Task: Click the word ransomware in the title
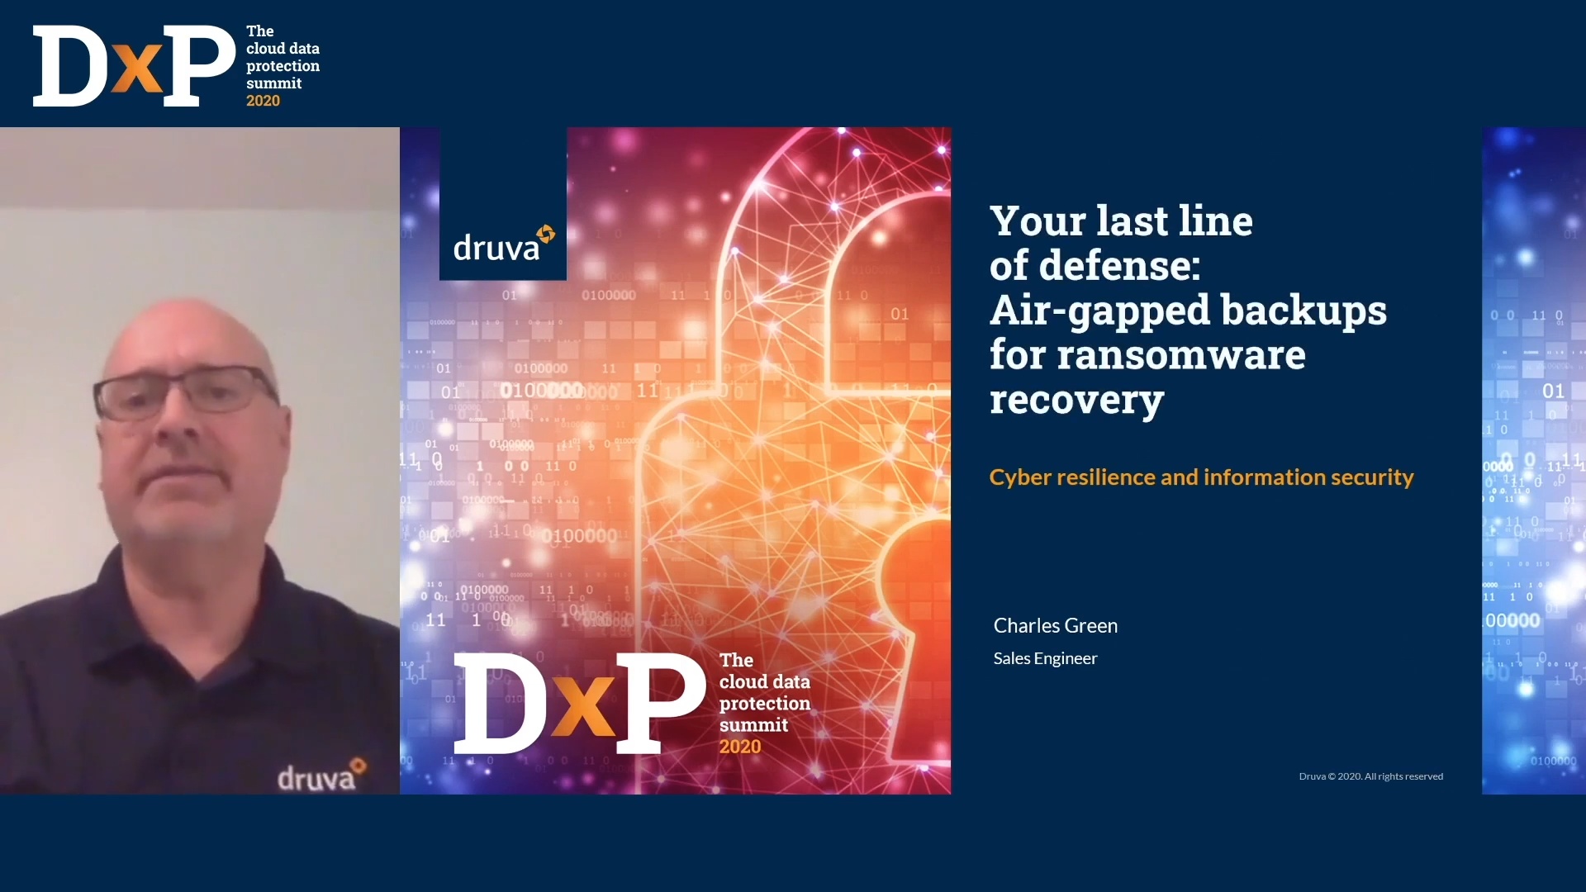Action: pos(1181,355)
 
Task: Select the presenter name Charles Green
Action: pos(1056,626)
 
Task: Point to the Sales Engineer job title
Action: pos(1045,658)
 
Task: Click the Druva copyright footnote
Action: pos(1371,776)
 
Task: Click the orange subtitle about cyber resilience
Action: pos(1202,477)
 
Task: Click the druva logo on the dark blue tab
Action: pos(504,244)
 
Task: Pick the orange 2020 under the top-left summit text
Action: pos(263,101)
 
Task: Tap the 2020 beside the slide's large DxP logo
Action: pos(740,747)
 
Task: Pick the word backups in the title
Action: pos(1304,311)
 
